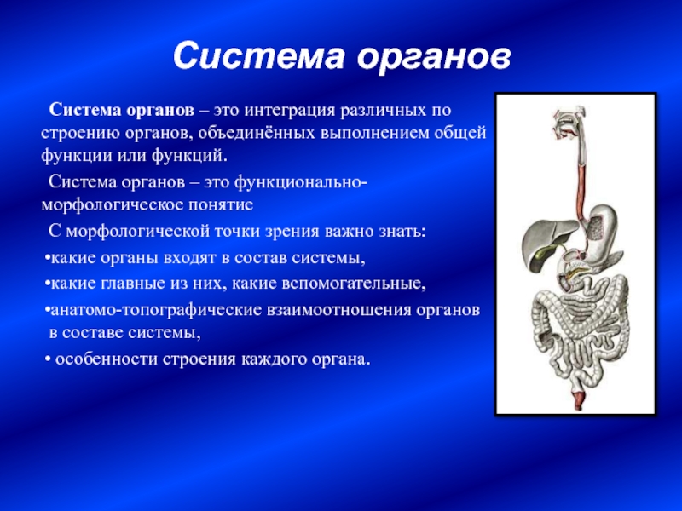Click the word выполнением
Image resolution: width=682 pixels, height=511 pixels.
click(x=375, y=133)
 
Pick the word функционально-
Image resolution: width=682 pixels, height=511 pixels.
click(x=301, y=182)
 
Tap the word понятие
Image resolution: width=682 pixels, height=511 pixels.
click(x=221, y=204)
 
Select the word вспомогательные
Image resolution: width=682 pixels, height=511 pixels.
click(x=354, y=284)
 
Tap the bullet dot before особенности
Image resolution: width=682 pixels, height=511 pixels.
click(x=48, y=360)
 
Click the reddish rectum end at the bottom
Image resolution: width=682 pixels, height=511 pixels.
click(x=579, y=398)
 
